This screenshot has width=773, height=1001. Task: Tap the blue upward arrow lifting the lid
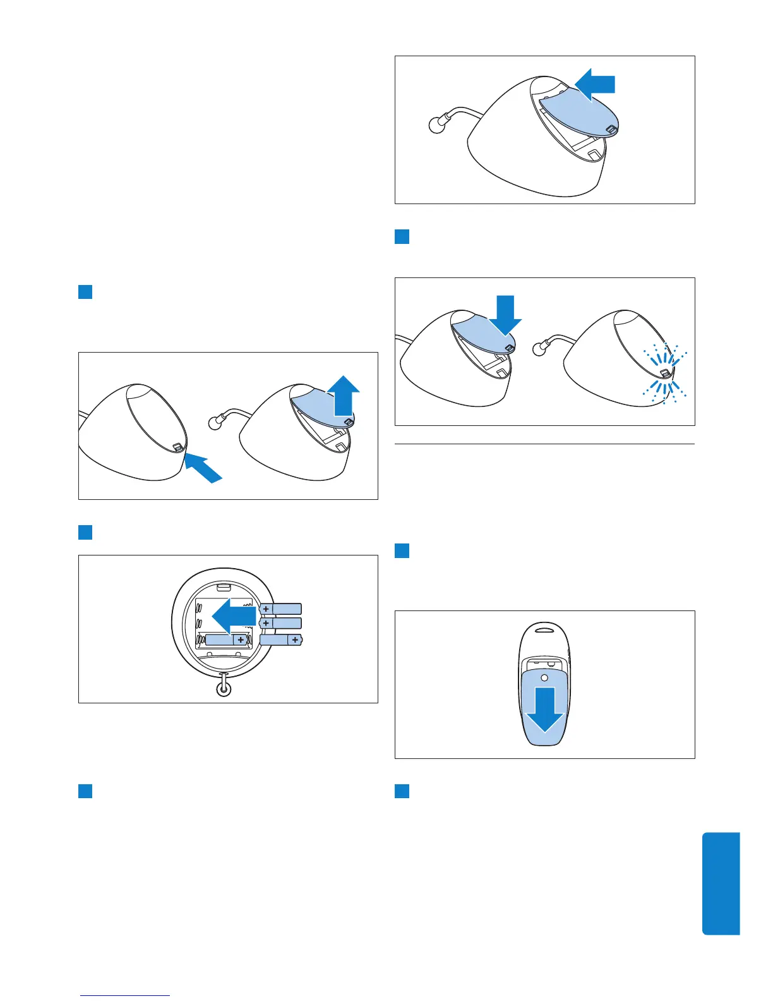(x=343, y=394)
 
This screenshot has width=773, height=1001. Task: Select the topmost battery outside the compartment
(x=281, y=609)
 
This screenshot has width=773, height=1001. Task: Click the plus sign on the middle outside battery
(x=266, y=623)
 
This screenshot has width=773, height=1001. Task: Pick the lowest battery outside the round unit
(x=281, y=640)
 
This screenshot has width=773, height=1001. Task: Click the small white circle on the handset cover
(x=544, y=678)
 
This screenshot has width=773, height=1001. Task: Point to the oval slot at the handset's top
(x=544, y=629)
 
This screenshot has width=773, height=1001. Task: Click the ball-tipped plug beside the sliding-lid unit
(x=434, y=124)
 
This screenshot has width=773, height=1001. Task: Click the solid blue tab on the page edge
(x=721, y=883)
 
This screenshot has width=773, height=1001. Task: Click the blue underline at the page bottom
(x=126, y=995)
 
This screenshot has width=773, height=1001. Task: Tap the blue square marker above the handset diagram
(x=402, y=550)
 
